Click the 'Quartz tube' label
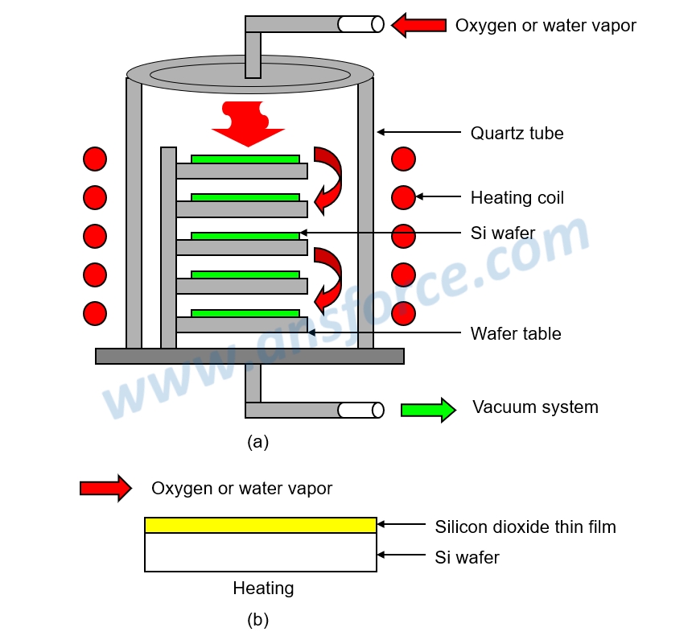pyautogui.click(x=517, y=133)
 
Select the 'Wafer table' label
pyautogui.click(x=516, y=333)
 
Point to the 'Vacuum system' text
pyautogui.click(x=535, y=407)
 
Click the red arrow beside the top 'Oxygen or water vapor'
pyautogui.click(x=419, y=25)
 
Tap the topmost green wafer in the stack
pyautogui.click(x=245, y=159)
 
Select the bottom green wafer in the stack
pyautogui.click(x=245, y=313)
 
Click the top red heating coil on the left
pyautogui.click(x=95, y=159)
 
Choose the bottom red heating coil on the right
pyautogui.click(x=403, y=313)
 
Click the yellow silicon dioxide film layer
pyautogui.click(x=260, y=525)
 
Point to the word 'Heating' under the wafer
pyautogui.click(x=263, y=589)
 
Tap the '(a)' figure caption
pyautogui.click(x=257, y=441)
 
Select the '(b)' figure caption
pyautogui.click(x=257, y=620)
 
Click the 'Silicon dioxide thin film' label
pyautogui.click(x=525, y=527)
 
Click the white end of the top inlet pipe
pyautogui.click(x=360, y=24)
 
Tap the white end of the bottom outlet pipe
pyautogui.click(x=360, y=410)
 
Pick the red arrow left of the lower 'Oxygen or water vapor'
pyautogui.click(x=105, y=488)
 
